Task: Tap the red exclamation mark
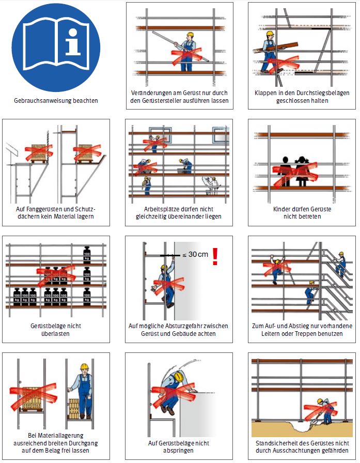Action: point(215,256)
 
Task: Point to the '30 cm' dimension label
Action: point(198,254)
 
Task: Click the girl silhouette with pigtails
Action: point(302,171)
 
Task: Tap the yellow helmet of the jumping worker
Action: point(178,377)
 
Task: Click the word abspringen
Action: point(178,451)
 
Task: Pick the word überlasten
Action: point(55,334)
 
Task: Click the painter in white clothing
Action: point(212,186)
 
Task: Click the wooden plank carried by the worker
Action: point(276,48)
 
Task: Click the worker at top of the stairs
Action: point(340,264)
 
